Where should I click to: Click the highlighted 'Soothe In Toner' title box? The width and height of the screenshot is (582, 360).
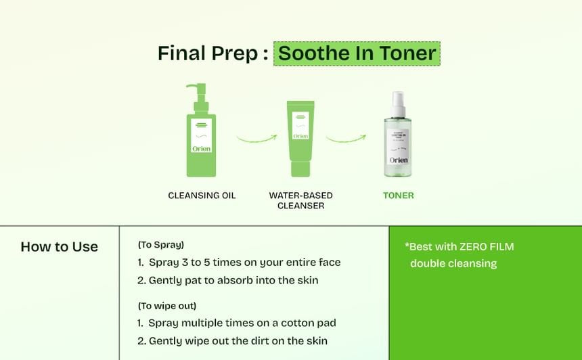pyautogui.click(x=357, y=53)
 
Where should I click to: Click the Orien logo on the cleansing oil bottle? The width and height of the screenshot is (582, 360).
pyautogui.click(x=201, y=148)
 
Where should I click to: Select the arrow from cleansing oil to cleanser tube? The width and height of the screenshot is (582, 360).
pyautogui.click(x=257, y=139)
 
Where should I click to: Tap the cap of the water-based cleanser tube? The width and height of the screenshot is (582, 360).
pyautogui.click(x=300, y=168)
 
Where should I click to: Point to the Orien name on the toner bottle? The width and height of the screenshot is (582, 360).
pyautogui.click(x=398, y=160)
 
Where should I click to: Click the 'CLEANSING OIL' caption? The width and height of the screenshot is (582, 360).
pyautogui.click(x=202, y=196)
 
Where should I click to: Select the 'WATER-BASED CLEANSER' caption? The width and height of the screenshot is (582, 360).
pyautogui.click(x=300, y=200)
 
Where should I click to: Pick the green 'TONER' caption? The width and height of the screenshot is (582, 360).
pyautogui.click(x=398, y=196)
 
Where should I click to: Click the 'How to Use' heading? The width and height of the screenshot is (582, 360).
pyautogui.click(x=60, y=247)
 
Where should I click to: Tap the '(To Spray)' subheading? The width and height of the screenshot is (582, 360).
pyautogui.click(x=161, y=245)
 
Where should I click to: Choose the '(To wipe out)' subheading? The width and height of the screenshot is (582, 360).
pyautogui.click(x=167, y=306)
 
